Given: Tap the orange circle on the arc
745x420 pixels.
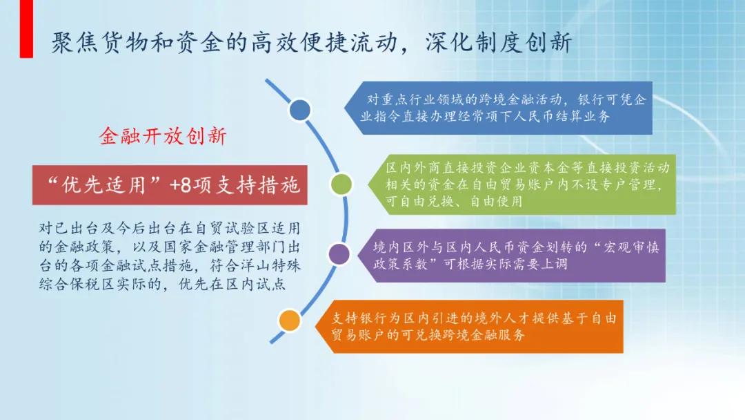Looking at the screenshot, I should pyautogui.click(x=289, y=321).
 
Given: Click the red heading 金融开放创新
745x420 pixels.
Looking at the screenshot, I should pyautogui.click(x=163, y=136).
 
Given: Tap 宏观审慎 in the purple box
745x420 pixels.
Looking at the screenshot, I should pyautogui.click(x=617, y=247).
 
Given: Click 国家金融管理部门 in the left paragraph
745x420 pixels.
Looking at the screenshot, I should pyautogui.click(x=221, y=247).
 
